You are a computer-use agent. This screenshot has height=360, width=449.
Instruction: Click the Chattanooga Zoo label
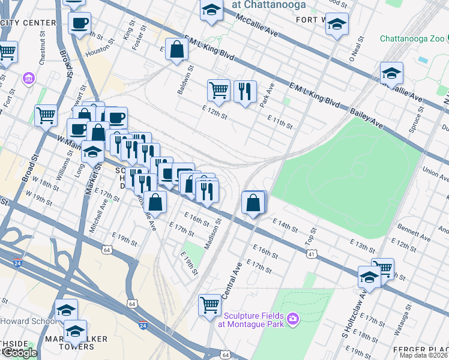pos(414,38)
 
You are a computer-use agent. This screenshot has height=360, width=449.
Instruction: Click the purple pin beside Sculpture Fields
pos(292,317)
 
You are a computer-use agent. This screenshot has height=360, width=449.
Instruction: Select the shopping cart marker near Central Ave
pos(210,305)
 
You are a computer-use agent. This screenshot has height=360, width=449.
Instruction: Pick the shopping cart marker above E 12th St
pos(218,90)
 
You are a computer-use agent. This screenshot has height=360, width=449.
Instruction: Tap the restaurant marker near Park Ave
pos(244,91)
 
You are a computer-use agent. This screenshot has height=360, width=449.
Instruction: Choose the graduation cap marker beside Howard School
pos(66,310)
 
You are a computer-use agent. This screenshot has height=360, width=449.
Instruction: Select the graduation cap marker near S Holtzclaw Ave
pos(369,277)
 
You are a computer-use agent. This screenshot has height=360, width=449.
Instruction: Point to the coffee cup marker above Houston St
pos(79,23)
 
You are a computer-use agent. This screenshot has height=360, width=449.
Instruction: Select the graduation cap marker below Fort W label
pos(337,25)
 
